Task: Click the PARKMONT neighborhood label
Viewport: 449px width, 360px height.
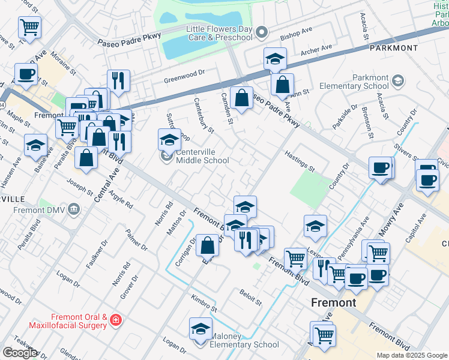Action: (393, 47)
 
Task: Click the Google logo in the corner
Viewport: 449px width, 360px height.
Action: (19, 353)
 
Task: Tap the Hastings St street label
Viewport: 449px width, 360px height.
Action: (300, 160)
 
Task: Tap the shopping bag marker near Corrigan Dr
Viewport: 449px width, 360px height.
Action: (207, 245)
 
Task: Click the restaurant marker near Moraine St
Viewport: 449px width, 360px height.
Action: (118, 80)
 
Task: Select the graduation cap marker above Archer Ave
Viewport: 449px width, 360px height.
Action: (275, 58)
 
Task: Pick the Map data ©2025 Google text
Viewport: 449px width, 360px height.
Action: (411, 355)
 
